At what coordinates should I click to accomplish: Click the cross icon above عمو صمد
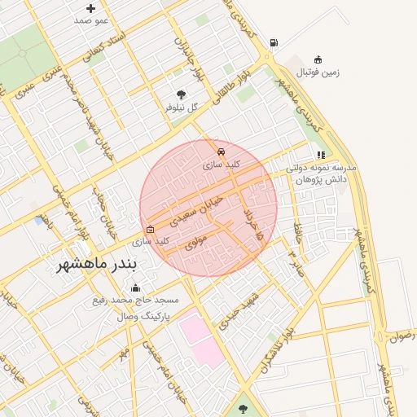90,8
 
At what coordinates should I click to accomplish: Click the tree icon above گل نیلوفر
181,95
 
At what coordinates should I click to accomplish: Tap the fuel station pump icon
272,43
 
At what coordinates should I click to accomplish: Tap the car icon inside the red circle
220,151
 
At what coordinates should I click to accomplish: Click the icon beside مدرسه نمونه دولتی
321,154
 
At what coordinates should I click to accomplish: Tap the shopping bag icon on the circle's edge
149,229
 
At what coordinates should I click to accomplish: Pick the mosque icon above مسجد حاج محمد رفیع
135,288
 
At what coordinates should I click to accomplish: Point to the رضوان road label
402,335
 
